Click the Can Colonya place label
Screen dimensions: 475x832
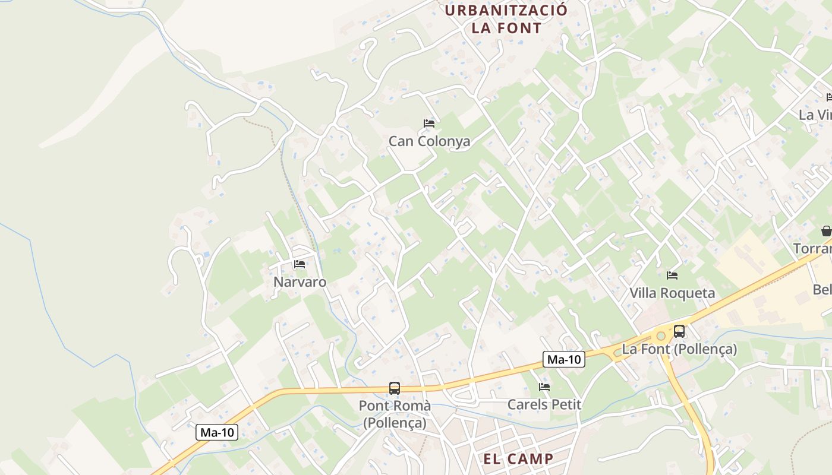(429, 141)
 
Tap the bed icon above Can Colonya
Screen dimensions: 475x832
(429, 123)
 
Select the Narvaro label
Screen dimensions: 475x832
(300, 281)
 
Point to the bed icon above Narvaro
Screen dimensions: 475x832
(300, 264)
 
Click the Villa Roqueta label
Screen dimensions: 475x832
(672, 293)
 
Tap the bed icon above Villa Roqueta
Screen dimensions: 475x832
(672, 275)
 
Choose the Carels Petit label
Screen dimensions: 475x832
(544, 405)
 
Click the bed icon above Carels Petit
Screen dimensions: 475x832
(544, 387)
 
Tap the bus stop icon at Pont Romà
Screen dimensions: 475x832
(394, 388)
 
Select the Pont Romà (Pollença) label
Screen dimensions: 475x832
(394, 414)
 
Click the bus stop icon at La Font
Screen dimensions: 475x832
(679, 331)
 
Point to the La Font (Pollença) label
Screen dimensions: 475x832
(679, 349)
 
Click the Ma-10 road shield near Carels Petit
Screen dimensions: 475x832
(563, 359)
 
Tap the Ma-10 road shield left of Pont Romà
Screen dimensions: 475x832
(217, 432)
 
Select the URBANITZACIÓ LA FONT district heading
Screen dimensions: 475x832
(506, 19)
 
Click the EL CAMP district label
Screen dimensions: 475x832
(518, 459)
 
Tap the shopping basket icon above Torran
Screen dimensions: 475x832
(826, 231)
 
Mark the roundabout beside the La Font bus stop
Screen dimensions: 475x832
(660, 336)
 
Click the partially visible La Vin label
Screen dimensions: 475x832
(815, 115)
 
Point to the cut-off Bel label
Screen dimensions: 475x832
(822, 290)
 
